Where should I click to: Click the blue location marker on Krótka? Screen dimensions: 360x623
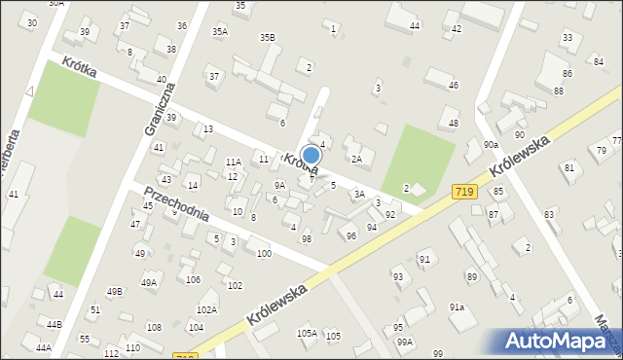(x=311, y=155)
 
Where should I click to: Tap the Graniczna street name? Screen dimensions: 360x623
(x=158, y=107)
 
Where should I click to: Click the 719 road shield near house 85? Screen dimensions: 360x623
(x=464, y=194)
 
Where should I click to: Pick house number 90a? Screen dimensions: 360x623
(x=491, y=145)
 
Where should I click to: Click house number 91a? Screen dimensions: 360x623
(x=457, y=307)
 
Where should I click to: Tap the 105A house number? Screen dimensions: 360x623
(x=307, y=333)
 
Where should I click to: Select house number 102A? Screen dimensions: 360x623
(x=206, y=309)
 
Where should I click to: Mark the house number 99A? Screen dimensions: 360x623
(x=404, y=342)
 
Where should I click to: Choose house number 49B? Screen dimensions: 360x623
(x=115, y=291)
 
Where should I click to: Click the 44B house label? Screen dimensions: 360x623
(x=53, y=324)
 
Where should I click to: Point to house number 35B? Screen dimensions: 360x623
(x=267, y=37)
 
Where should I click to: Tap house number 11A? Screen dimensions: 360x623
(x=233, y=162)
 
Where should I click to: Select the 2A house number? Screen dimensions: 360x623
(x=356, y=159)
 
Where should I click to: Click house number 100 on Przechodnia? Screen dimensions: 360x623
(x=263, y=254)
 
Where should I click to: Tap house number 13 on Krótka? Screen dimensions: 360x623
(x=208, y=129)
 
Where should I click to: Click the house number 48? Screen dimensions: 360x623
(x=453, y=124)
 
